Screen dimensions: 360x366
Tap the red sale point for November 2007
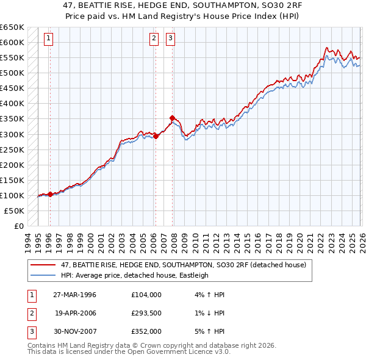(173, 118)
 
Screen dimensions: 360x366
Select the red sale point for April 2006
(156, 136)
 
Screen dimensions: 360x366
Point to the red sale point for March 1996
(50, 194)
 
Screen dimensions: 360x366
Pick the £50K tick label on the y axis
(15, 211)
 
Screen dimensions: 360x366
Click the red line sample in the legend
(43, 265)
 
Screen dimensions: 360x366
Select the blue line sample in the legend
(43, 275)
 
